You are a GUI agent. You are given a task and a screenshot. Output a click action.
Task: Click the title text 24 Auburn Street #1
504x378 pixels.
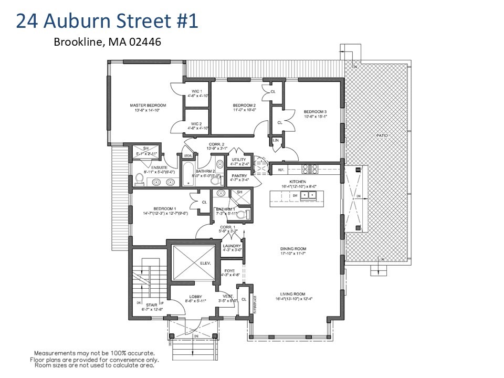point(107,22)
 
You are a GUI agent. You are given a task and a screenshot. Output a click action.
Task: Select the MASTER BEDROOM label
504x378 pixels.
point(144,106)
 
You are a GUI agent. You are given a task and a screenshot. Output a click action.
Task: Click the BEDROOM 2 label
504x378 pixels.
point(244,106)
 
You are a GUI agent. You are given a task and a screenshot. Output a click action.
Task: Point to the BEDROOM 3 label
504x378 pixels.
point(315,111)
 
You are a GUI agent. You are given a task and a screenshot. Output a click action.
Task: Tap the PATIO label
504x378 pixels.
point(382,135)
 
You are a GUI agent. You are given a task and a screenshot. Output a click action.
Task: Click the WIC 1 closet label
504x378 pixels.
point(197,91)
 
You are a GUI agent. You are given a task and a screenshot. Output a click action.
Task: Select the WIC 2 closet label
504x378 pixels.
point(197,124)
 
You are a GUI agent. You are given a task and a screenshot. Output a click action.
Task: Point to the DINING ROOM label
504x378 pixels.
point(293,249)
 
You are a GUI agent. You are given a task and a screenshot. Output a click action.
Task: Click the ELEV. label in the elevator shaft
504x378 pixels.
point(205,264)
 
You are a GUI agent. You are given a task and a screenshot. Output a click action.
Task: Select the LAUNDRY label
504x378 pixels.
point(232,246)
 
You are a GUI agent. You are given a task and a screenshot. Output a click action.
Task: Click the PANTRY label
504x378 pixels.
point(238,176)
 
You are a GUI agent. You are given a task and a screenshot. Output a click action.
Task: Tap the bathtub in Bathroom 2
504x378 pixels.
point(188,174)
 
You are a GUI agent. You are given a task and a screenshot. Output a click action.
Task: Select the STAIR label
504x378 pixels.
point(151,304)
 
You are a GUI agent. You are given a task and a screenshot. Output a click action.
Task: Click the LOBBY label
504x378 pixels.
point(195,297)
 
